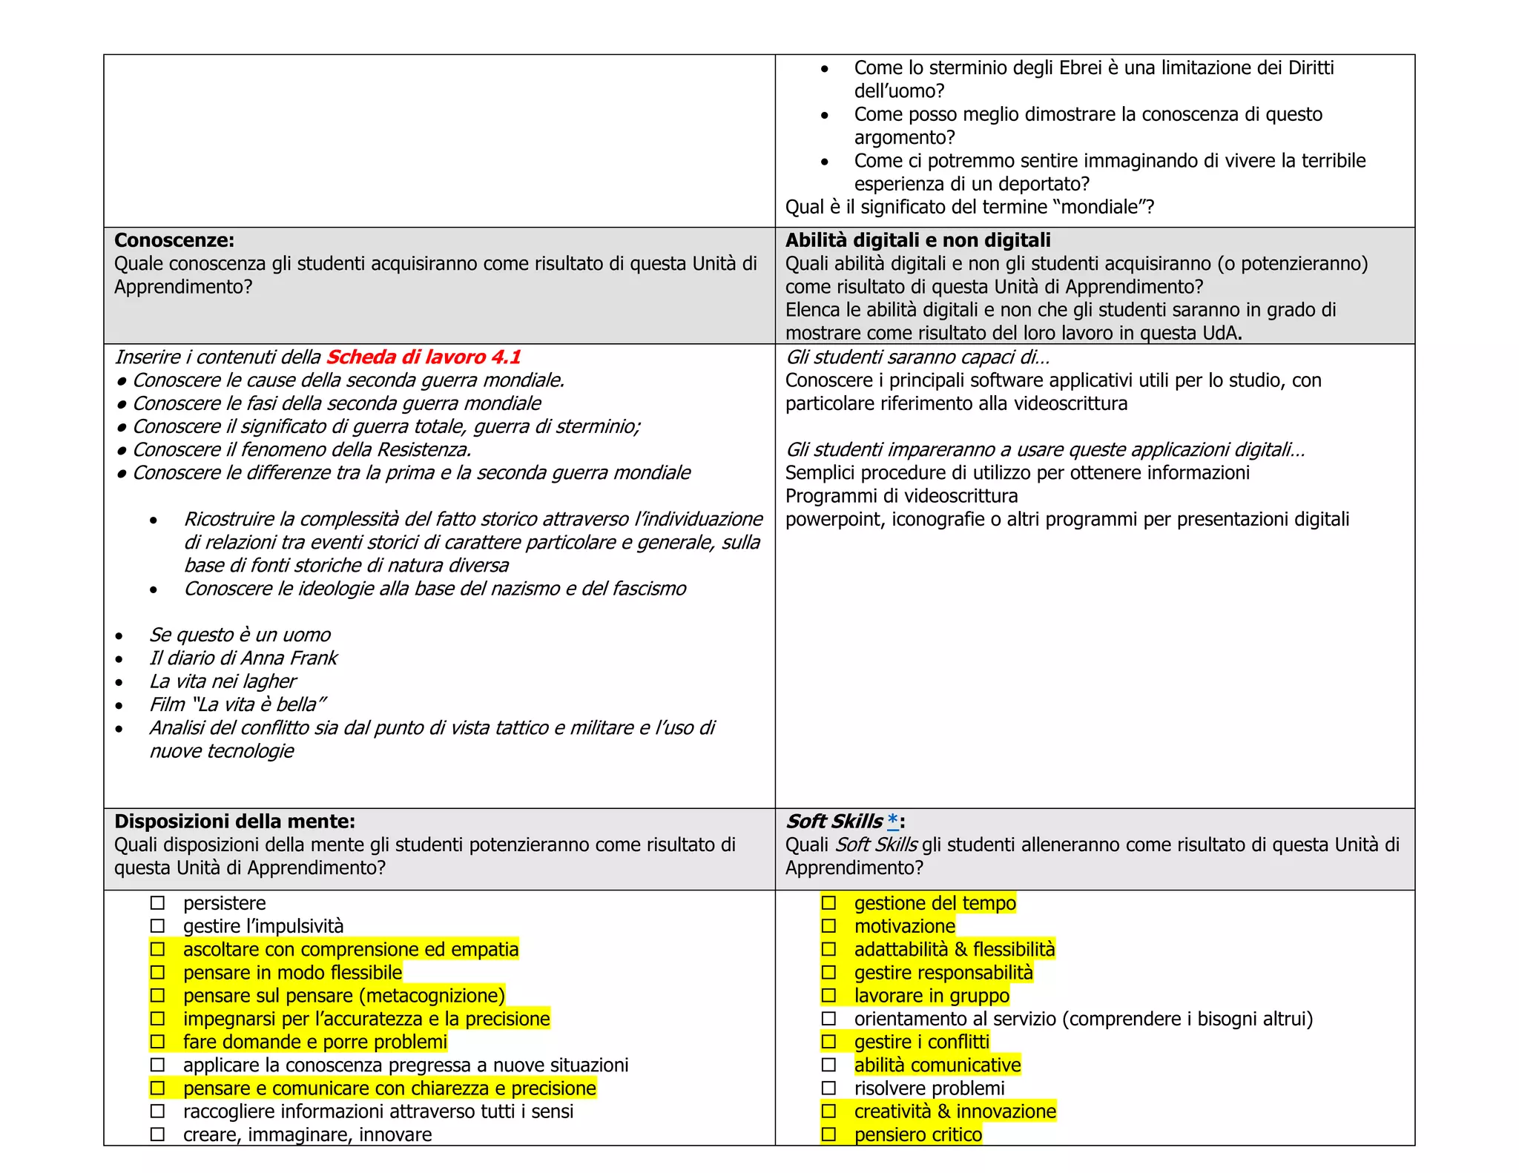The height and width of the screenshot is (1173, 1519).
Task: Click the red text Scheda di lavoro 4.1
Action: point(424,357)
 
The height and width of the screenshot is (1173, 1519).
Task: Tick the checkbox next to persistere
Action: point(157,903)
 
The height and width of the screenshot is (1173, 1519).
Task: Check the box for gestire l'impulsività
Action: point(157,926)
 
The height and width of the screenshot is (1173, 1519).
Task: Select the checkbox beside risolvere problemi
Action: point(828,1088)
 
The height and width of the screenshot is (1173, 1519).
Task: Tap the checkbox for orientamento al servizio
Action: point(828,1019)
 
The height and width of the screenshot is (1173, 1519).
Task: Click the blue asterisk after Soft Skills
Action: point(893,821)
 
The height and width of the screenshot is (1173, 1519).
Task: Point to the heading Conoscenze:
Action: point(174,240)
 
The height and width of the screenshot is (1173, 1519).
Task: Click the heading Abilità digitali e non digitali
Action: point(917,240)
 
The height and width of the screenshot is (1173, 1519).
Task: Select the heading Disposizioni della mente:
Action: point(234,822)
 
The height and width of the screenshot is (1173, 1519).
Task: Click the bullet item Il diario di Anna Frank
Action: point(243,658)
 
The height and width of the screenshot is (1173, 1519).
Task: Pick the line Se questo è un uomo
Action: point(240,635)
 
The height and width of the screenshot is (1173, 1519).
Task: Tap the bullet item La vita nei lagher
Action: point(223,681)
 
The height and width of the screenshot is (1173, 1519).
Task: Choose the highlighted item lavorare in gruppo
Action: point(932,996)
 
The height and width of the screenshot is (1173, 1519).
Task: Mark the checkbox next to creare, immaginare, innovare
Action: point(157,1134)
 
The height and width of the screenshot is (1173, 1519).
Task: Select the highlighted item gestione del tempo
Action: point(935,903)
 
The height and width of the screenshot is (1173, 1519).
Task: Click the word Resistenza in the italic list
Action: point(424,450)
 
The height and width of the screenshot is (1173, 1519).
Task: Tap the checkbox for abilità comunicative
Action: point(828,1065)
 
